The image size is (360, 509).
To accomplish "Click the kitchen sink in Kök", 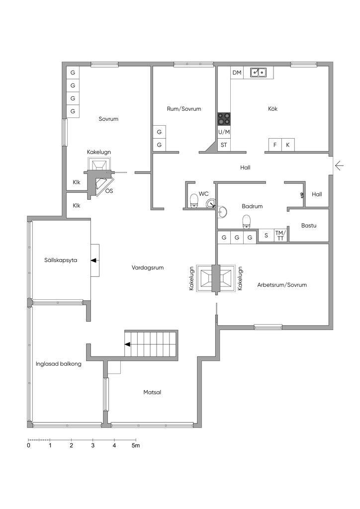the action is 259,72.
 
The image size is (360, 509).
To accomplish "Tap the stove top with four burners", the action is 224,119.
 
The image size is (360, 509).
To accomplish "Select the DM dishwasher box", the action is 237,73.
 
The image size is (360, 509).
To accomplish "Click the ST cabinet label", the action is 224,145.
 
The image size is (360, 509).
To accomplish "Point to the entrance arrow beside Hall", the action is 339,166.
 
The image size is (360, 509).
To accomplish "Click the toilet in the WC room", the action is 194,201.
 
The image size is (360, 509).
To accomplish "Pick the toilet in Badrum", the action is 247,221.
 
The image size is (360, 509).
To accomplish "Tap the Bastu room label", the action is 309,225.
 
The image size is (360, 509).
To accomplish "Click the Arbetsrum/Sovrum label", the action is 282,285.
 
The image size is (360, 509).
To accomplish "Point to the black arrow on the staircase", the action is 128,344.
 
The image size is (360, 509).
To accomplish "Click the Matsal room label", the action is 152,392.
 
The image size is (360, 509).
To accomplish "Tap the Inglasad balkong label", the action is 59,364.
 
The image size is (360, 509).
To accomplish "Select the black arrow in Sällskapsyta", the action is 94,260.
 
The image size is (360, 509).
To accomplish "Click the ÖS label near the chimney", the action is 109,191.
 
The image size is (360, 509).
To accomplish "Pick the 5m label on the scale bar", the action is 136,445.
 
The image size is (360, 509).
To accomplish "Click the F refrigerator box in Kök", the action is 275,145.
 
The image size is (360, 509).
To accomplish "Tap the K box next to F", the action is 288,145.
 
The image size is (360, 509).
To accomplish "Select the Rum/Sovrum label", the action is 184,109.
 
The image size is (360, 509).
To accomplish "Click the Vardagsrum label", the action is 148,267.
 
